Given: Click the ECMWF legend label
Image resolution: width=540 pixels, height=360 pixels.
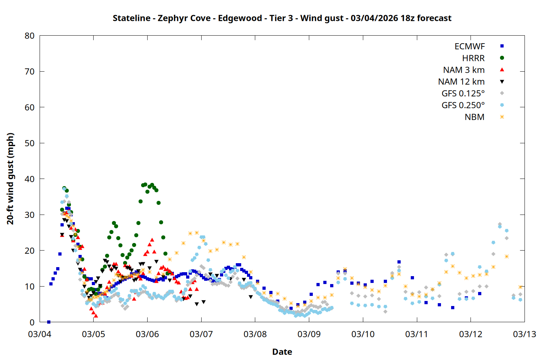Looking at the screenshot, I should tap(469, 46).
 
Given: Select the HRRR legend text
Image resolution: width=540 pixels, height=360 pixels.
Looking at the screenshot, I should tap(473, 58).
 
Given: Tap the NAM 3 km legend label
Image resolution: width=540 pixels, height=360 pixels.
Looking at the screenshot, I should tap(464, 70).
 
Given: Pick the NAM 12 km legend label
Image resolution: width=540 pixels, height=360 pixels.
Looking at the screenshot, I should tap(461, 82).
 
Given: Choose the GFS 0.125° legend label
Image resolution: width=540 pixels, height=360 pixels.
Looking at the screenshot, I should tap(463, 94).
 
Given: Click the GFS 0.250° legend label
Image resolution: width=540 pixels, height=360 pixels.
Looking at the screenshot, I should tap(463, 105).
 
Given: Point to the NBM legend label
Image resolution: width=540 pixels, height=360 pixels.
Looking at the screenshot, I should tap(474, 117).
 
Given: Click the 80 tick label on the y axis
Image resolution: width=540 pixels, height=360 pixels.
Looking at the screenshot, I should tap(30, 36).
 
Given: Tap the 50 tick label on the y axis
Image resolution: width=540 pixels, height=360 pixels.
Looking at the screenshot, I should tap(30, 143).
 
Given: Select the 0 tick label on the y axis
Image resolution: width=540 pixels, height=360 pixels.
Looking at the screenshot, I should tap(32, 322).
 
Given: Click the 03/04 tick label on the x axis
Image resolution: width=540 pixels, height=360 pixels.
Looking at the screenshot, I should tap(40, 334).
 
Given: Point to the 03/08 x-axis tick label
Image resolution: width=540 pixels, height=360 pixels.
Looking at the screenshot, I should tap(255, 334).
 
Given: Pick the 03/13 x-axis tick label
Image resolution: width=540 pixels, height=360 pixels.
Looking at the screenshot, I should tap(524, 334).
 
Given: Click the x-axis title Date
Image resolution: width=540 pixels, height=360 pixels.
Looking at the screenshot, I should tap(282, 352).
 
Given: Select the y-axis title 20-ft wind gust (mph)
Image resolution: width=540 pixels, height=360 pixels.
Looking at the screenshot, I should tap(10, 179).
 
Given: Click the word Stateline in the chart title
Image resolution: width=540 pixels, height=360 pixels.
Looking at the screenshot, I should tap(131, 18).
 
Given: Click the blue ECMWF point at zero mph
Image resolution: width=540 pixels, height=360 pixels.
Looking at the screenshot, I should tap(49, 322).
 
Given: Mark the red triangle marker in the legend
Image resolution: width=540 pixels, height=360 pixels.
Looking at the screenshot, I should tap(502, 69).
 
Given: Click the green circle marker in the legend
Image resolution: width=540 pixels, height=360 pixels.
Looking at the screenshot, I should tap(502, 58).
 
